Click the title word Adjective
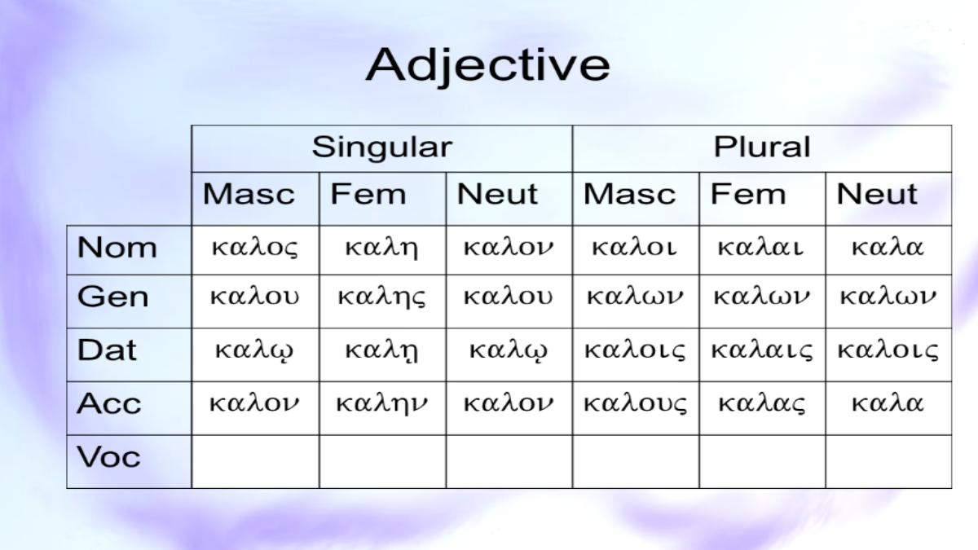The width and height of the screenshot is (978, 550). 487,66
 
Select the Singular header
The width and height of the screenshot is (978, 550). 382,147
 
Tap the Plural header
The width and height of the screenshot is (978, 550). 762,147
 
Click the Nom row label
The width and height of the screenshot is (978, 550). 117,248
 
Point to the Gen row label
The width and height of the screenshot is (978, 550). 113,297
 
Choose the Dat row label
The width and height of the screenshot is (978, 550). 107,350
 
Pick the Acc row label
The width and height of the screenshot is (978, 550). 109,403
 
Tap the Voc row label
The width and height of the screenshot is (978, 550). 108,457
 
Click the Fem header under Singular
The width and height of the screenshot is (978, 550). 368,194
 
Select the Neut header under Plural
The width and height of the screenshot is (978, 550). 877,194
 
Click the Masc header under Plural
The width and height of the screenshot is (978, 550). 629,194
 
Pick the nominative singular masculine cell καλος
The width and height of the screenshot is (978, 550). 255,248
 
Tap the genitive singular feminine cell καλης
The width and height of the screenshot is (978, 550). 381,297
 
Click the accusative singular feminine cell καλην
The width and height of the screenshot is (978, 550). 382,404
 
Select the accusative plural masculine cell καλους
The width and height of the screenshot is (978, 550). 635,404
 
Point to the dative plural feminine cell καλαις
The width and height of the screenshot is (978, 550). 762,350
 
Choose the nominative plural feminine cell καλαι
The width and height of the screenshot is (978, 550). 760,248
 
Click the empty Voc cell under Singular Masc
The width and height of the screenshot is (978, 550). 255,462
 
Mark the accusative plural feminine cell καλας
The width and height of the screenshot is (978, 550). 762,404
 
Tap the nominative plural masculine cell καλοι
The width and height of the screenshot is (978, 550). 634,248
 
